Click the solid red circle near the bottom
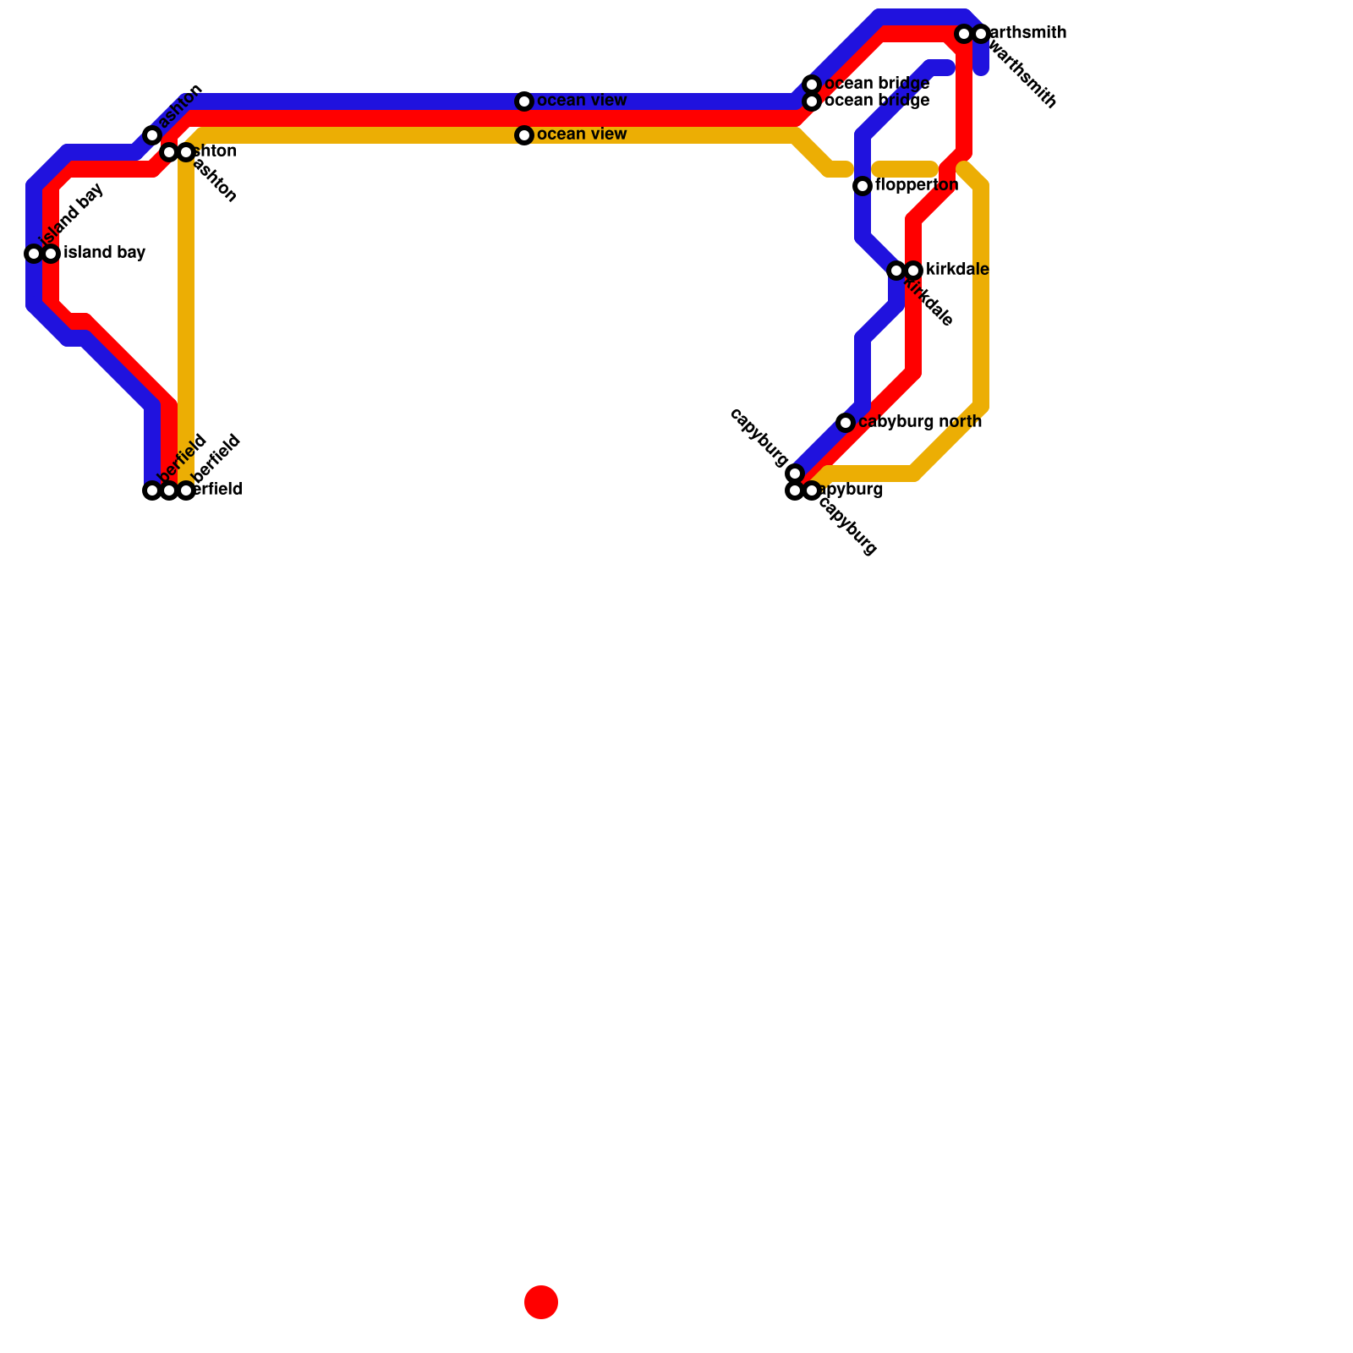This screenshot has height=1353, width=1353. (x=541, y=1301)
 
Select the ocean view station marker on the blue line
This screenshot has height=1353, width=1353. (x=524, y=101)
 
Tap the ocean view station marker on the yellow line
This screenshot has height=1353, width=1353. (x=524, y=135)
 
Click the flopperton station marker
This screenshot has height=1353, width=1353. (x=863, y=186)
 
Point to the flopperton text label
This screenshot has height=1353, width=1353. (x=917, y=185)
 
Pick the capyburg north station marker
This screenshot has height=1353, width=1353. (x=846, y=423)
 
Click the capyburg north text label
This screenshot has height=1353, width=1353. (x=920, y=422)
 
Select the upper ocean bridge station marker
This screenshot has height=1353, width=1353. (x=812, y=85)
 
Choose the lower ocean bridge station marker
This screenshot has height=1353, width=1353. (x=812, y=101)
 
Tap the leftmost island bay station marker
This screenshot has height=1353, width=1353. (x=34, y=254)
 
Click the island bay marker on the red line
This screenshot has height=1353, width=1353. (x=51, y=254)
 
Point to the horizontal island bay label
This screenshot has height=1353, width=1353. (x=105, y=253)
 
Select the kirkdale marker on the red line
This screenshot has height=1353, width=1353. (x=913, y=271)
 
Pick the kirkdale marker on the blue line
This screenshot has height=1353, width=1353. (x=896, y=271)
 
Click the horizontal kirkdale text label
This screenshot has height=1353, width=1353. (x=957, y=270)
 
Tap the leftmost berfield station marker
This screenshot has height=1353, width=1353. (x=152, y=490)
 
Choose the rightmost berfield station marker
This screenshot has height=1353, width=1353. (x=186, y=490)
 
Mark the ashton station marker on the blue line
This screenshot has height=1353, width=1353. (x=152, y=135)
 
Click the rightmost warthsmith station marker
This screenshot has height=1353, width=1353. (x=981, y=34)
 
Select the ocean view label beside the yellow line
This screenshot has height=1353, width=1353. (x=582, y=134)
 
